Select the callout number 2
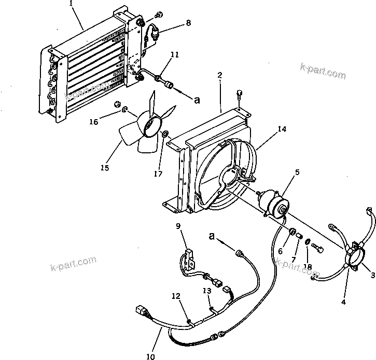[220, 76]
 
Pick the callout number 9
[178, 226]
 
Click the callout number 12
[176, 296]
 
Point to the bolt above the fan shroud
[239, 94]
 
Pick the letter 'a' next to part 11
[197, 100]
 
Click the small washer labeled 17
[165, 136]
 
